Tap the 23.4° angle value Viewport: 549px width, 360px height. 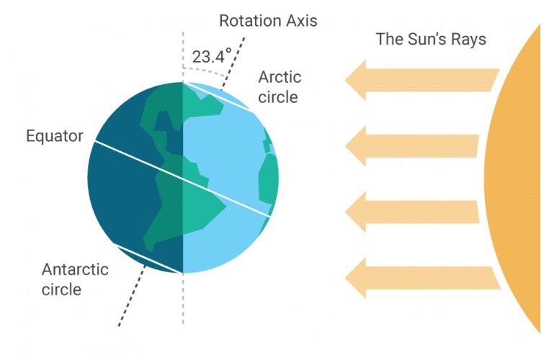[x=212, y=56]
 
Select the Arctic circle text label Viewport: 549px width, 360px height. [x=280, y=87]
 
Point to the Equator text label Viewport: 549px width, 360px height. [x=55, y=136]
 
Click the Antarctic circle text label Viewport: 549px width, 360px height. [x=75, y=279]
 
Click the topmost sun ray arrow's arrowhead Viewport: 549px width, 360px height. [x=355, y=80]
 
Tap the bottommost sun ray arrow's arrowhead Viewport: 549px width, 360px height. [x=355, y=278]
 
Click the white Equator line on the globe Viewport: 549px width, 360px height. [x=182, y=179]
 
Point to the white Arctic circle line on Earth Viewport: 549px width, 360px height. [x=218, y=97]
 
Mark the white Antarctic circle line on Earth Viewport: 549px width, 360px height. [x=147, y=259]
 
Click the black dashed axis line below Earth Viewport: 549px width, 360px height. [x=132, y=296]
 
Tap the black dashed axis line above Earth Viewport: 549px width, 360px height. [x=233, y=62]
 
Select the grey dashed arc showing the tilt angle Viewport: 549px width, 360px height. [x=205, y=71]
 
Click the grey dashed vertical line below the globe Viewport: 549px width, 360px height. [x=183, y=299]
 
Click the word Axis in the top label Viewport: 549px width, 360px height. [x=302, y=21]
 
